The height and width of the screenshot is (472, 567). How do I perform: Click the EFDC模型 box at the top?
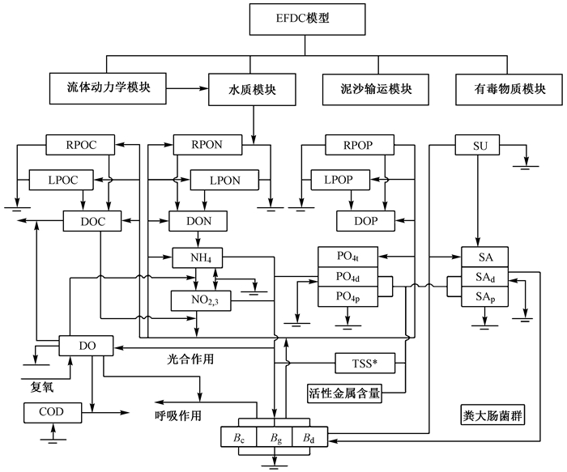pyautogui.click(x=307, y=19)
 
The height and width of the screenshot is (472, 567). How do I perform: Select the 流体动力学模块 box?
pyautogui.click(x=108, y=88)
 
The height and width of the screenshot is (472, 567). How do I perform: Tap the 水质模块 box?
pyautogui.click(x=252, y=90)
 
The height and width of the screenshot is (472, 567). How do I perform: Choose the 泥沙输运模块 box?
pyautogui.click(x=376, y=90)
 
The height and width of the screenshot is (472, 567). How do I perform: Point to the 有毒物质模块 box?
pyautogui.click(x=509, y=90)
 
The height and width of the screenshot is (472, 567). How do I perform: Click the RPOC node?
pyautogui.click(x=80, y=145)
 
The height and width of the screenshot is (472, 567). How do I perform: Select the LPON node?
pyautogui.click(x=224, y=180)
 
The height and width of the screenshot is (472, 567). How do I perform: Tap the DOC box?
pyautogui.click(x=92, y=221)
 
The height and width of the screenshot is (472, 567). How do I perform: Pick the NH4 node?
pyautogui.click(x=197, y=257)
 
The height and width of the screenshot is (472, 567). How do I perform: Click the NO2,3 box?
pyautogui.click(x=201, y=300)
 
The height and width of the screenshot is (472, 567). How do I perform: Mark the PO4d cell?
pyautogui.click(x=347, y=277)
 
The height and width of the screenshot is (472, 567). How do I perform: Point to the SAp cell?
pyautogui.click(x=485, y=297)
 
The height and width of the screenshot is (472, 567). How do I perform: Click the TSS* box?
pyautogui.click(x=365, y=364)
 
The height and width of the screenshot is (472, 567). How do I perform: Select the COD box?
pyautogui.click(x=53, y=413)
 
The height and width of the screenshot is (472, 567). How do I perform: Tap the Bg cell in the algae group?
pyautogui.click(x=275, y=437)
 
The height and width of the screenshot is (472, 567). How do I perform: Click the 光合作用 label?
pyautogui.click(x=190, y=359)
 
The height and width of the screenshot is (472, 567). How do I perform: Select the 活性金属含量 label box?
pyautogui.click(x=344, y=393)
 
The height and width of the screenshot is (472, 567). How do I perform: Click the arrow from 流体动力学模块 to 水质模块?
pyautogui.click(x=187, y=88)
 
